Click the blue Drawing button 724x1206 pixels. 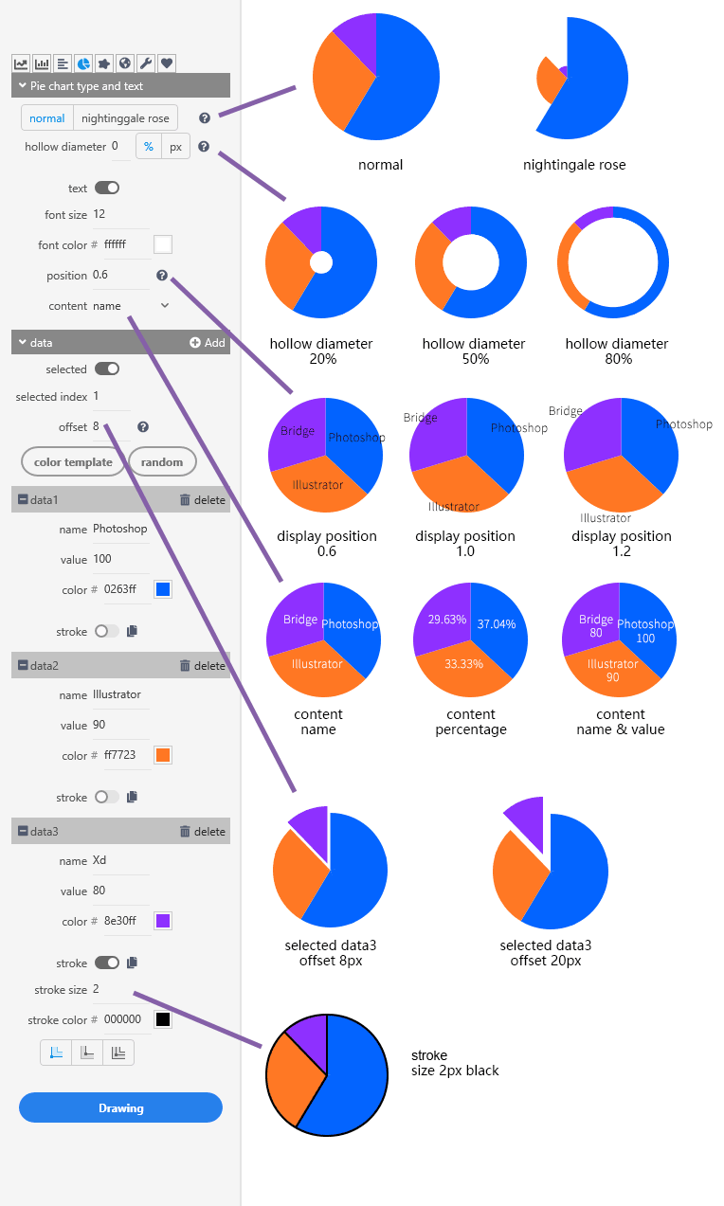click(120, 1107)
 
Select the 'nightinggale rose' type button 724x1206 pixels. click(125, 118)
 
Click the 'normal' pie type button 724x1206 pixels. click(47, 118)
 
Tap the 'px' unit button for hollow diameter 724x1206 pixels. click(175, 147)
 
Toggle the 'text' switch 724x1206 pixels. click(107, 189)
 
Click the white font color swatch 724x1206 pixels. click(163, 244)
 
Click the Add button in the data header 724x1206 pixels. click(208, 343)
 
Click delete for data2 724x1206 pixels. click(202, 666)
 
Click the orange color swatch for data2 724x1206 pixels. click(163, 755)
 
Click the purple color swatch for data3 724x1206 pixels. click(163, 921)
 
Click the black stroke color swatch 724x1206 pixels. click(163, 1019)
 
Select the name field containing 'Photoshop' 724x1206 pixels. click(120, 529)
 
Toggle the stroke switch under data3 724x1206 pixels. click(107, 963)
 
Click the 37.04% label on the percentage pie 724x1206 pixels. click(498, 624)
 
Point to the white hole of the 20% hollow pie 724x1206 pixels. click(321, 261)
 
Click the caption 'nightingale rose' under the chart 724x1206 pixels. click(574, 165)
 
